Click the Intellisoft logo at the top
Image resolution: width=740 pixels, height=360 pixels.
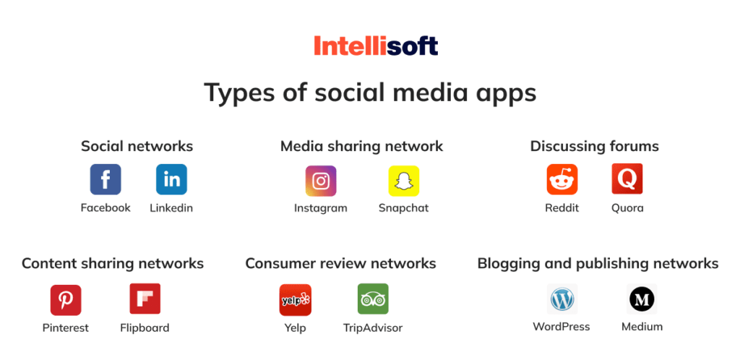click(376, 46)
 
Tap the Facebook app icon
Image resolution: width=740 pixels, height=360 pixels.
click(106, 179)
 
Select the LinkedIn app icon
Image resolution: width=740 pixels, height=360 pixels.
click(171, 179)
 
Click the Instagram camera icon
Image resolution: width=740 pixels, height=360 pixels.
click(320, 181)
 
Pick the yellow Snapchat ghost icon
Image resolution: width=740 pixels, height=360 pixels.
click(403, 181)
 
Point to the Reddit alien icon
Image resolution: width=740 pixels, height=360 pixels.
click(562, 179)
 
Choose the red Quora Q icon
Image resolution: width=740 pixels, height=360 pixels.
click(627, 179)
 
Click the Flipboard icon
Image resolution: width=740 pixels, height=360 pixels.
click(145, 299)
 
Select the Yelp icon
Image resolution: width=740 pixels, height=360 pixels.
click(295, 299)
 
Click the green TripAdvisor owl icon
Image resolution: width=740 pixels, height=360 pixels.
click(373, 299)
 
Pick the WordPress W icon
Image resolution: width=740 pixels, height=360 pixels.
click(562, 299)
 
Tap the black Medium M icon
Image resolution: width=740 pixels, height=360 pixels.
click(641, 299)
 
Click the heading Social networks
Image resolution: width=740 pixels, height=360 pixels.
click(137, 146)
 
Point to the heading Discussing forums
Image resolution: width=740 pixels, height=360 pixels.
click(594, 146)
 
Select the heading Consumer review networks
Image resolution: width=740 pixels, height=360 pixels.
click(340, 263)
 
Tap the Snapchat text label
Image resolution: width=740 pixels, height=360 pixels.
click(403, 208)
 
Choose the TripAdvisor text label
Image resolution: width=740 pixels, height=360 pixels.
click(373, 328)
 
